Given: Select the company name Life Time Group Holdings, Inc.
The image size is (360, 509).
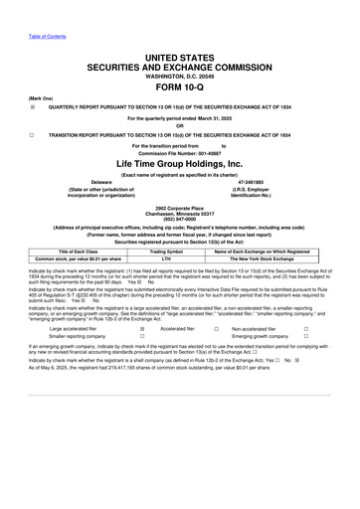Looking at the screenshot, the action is pos(179,162).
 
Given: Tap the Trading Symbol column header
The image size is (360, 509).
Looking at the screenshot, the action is pos(181,253).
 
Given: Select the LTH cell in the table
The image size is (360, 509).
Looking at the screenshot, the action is pos(181,260).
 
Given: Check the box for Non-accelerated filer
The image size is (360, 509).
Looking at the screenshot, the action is pos(307,328).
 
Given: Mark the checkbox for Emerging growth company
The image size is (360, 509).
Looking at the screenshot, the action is pos(307,337).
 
